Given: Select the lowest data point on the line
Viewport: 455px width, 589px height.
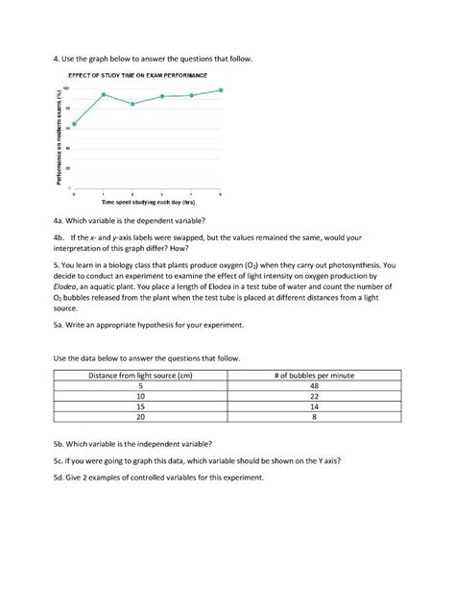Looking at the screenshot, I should (74, 124).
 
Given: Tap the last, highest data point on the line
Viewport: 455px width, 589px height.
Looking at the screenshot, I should (221, 90).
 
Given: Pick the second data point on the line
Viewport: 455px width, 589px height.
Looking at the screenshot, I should (104, 95).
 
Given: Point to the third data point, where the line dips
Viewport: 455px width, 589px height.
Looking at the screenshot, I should (132, 104).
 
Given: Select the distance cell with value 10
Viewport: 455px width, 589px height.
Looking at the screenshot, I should (141, 396).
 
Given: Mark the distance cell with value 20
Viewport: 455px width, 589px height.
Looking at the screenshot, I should (141, 418).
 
